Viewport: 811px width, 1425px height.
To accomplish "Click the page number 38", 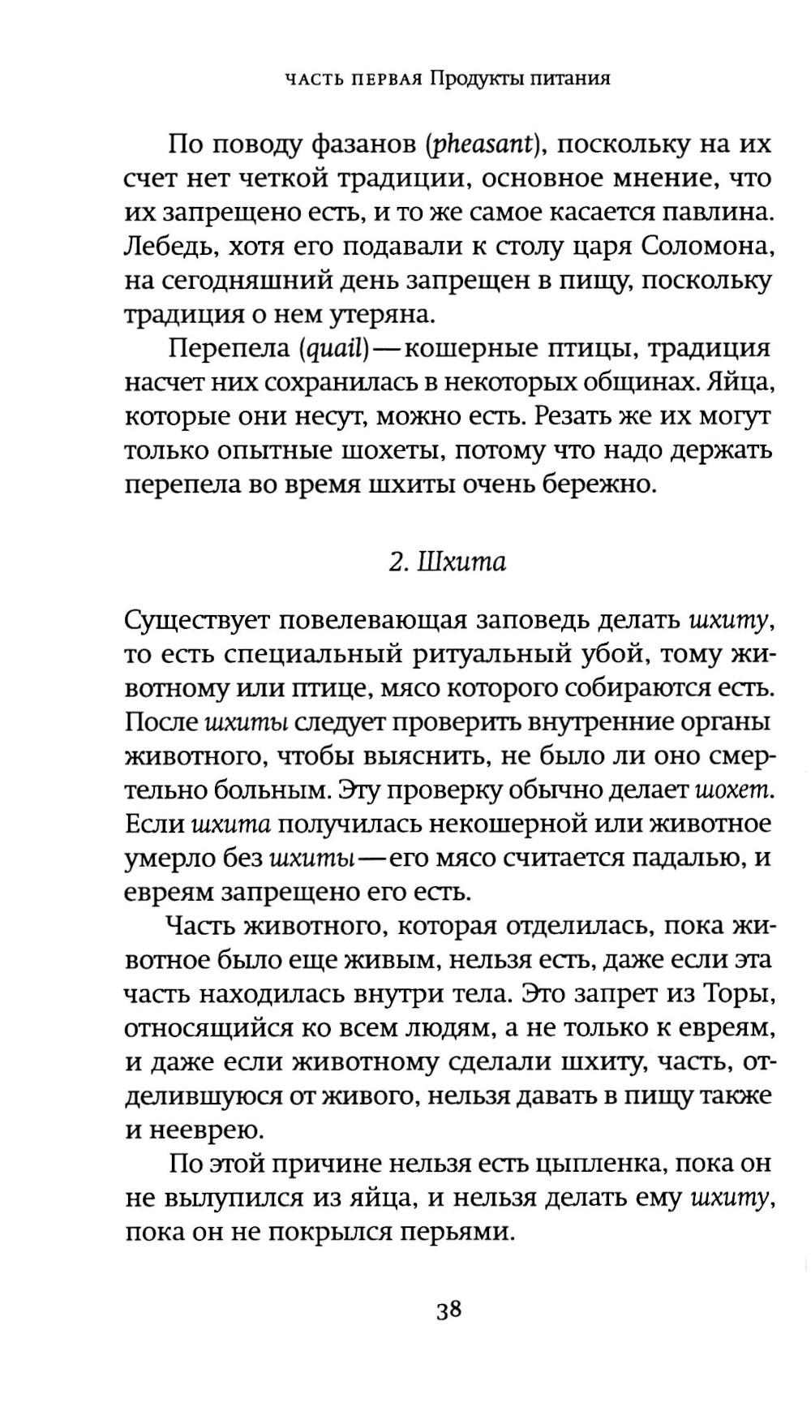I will point(448,1311).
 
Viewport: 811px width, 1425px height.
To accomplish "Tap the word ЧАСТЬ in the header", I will point(316,80).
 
